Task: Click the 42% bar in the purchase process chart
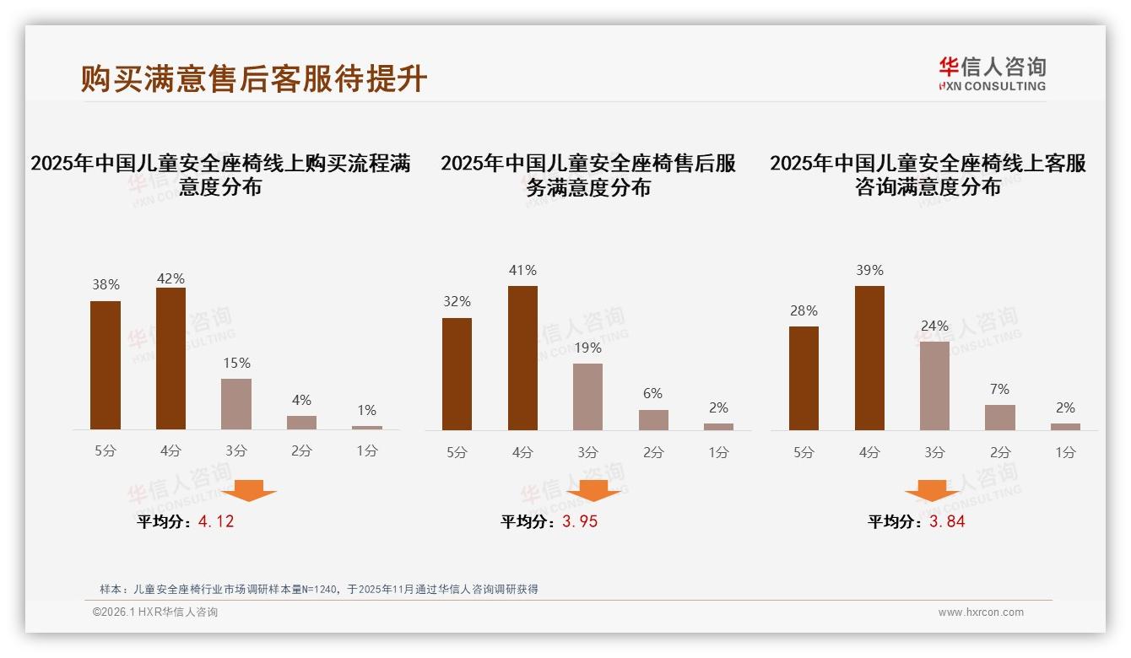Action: (x=170, y=359)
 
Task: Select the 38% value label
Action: (x=106, y=285)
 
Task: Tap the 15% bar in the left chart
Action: (x=236, y=404)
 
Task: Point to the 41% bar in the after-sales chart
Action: (x=522, y=358)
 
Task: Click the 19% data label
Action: (x=587, y=348)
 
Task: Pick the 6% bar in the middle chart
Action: (x=653, y=420)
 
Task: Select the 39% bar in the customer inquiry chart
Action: (x=869, y=358)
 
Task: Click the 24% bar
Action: (x=934, y=386)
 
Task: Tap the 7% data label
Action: (x=1000, y=389)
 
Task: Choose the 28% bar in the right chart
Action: (x=804, y=378)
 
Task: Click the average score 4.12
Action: (x=216, y=521)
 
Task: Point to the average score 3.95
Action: (x=580, y=521)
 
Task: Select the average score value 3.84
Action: (x=947, y=521)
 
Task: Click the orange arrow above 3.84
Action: (x=932, y=492)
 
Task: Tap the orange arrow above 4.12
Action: (x=249, y=491)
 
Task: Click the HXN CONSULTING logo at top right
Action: (x=992, y=73)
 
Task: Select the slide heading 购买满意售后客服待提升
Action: (x=254, y=78)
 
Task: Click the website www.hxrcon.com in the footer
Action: (x=980, y=612)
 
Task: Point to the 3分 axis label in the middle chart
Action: (x=587, y=452)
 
